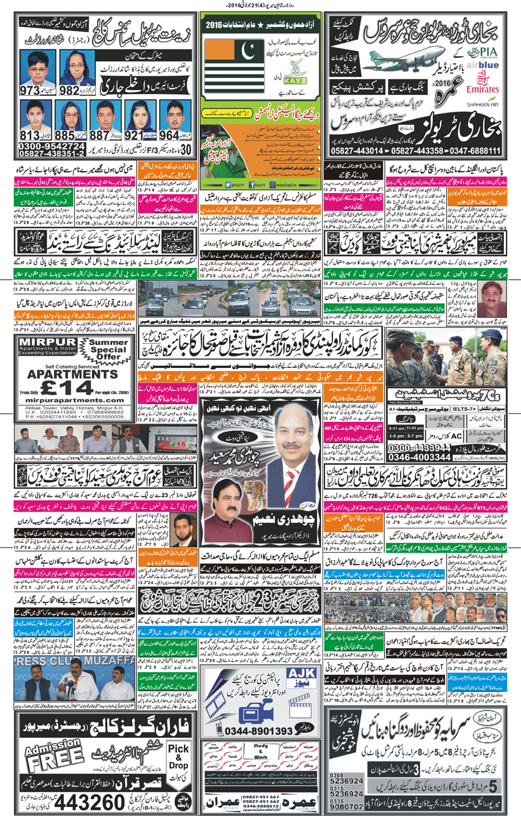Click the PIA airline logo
click(x=481, y=53)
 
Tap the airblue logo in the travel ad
click(x=483, y=65)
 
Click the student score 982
click(x=70, y=91)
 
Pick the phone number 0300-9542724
click(x=52, y=146)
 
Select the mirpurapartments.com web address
click(x=74, y=400)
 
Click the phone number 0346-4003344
click(x=419, y=457)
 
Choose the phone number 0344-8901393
click(x=259, y=731)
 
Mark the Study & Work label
click(x=261, y=751)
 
